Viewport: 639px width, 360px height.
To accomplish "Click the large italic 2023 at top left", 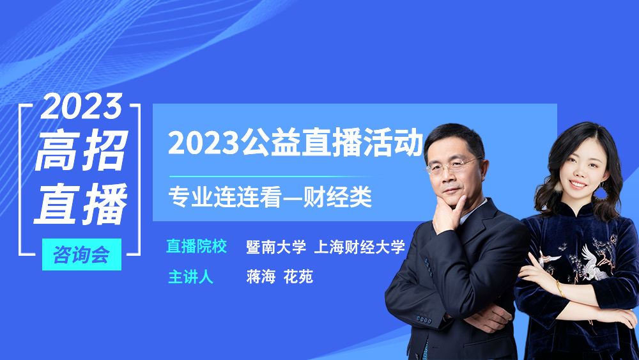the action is pos(82,106).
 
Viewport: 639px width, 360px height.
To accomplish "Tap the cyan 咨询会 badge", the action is pos(82,254).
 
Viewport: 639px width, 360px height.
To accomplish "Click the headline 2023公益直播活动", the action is pos(295,143).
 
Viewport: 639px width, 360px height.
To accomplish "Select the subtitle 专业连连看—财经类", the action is pos(270,198).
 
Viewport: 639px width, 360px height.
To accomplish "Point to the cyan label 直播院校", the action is pos(196,246).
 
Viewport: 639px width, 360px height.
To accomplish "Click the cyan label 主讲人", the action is pos(190,277).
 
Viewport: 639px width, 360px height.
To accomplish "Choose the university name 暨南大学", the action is pos(276,247).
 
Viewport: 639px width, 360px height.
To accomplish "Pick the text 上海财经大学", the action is pos(359,247).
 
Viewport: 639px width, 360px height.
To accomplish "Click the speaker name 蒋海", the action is pos(261,277).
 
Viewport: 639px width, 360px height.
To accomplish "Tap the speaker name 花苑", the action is pos(298,277).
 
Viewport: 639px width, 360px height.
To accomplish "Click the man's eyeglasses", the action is pos(452,166).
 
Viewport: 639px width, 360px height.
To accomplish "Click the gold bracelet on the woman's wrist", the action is pos(560,289).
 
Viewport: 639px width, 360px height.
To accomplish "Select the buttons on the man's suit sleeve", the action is pos(424,320).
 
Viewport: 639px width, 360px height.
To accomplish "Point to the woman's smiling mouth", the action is pos(578,184).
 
